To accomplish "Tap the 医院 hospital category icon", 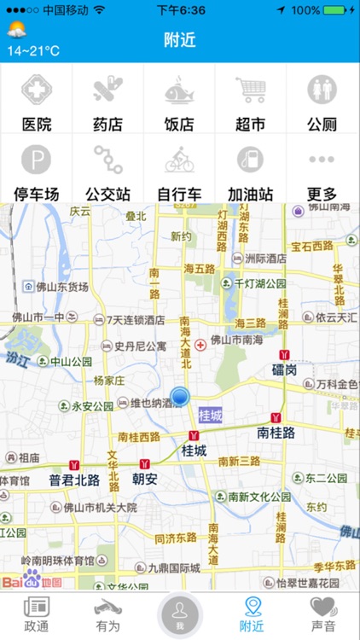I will click(36, 89).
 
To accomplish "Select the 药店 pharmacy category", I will click(107, 89).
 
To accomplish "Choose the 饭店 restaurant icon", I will click(179, 89).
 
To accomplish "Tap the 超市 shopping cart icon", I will click(251, 89).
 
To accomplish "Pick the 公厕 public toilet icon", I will click(322, 89).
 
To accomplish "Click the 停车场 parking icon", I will click(36, 159).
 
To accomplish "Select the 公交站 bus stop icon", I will click(107, 159).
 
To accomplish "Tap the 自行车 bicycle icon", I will click(179, 159).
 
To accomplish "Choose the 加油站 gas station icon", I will click(251, 159).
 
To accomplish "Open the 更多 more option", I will click(322, 159).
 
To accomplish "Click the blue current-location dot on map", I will click(179, 396).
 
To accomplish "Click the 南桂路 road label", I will click(276, 433).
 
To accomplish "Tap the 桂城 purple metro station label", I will click(209, 416).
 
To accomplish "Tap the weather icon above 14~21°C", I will click(15, 31).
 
